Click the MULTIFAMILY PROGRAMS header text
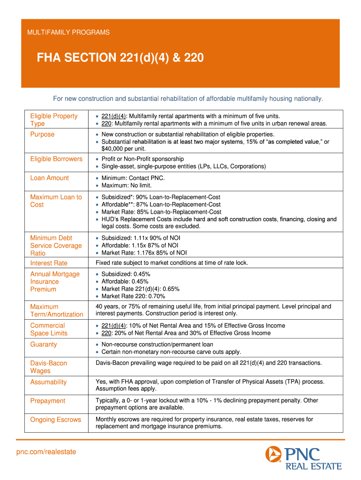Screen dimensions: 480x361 [x=68, y=32]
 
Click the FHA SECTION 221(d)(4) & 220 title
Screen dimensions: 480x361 [x=120, y=58]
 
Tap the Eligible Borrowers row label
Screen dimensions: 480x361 [x=56, y=159]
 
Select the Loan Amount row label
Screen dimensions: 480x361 [x=49, y=178]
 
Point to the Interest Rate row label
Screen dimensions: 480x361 [x=49, y=263]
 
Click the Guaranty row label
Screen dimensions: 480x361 [x=44, y=345]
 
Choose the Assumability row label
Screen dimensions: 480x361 [x=48, y=382]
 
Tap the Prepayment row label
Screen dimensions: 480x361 [x=48, y=401]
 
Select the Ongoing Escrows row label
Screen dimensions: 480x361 [x=55, y=420]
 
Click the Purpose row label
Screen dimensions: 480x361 [x=42, y=135]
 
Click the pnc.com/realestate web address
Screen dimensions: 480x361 [x=46, y=452]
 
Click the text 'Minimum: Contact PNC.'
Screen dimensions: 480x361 [x=133, y=178]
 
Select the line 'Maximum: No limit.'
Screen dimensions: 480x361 [x=127, y=186]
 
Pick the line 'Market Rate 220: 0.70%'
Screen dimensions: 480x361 [x=133, y=296]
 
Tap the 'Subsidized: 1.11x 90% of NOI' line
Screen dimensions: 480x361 [x=141, y=238]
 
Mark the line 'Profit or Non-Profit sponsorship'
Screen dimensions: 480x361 [x=143, y=159]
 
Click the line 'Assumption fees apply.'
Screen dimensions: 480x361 [x=126, y=389]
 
